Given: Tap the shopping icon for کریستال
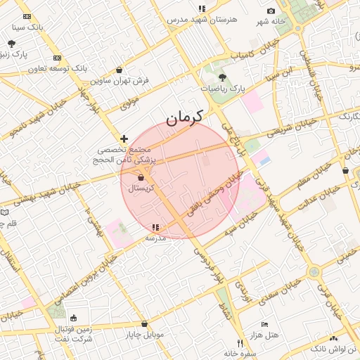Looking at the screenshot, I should click(x=141, y=179).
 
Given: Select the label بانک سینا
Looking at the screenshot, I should click(x=28, y=27).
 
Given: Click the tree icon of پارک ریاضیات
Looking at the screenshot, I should click(x=222, y=78).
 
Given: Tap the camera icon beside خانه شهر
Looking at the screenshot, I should click(x=271, y=11).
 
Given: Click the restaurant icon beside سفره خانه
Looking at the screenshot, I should click(x=240, y=344).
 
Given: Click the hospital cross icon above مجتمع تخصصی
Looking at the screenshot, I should click(x=124, y=139).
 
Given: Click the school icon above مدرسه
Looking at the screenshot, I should click(x=155, y=228).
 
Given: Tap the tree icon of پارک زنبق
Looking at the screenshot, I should click(x=12, y=44).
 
